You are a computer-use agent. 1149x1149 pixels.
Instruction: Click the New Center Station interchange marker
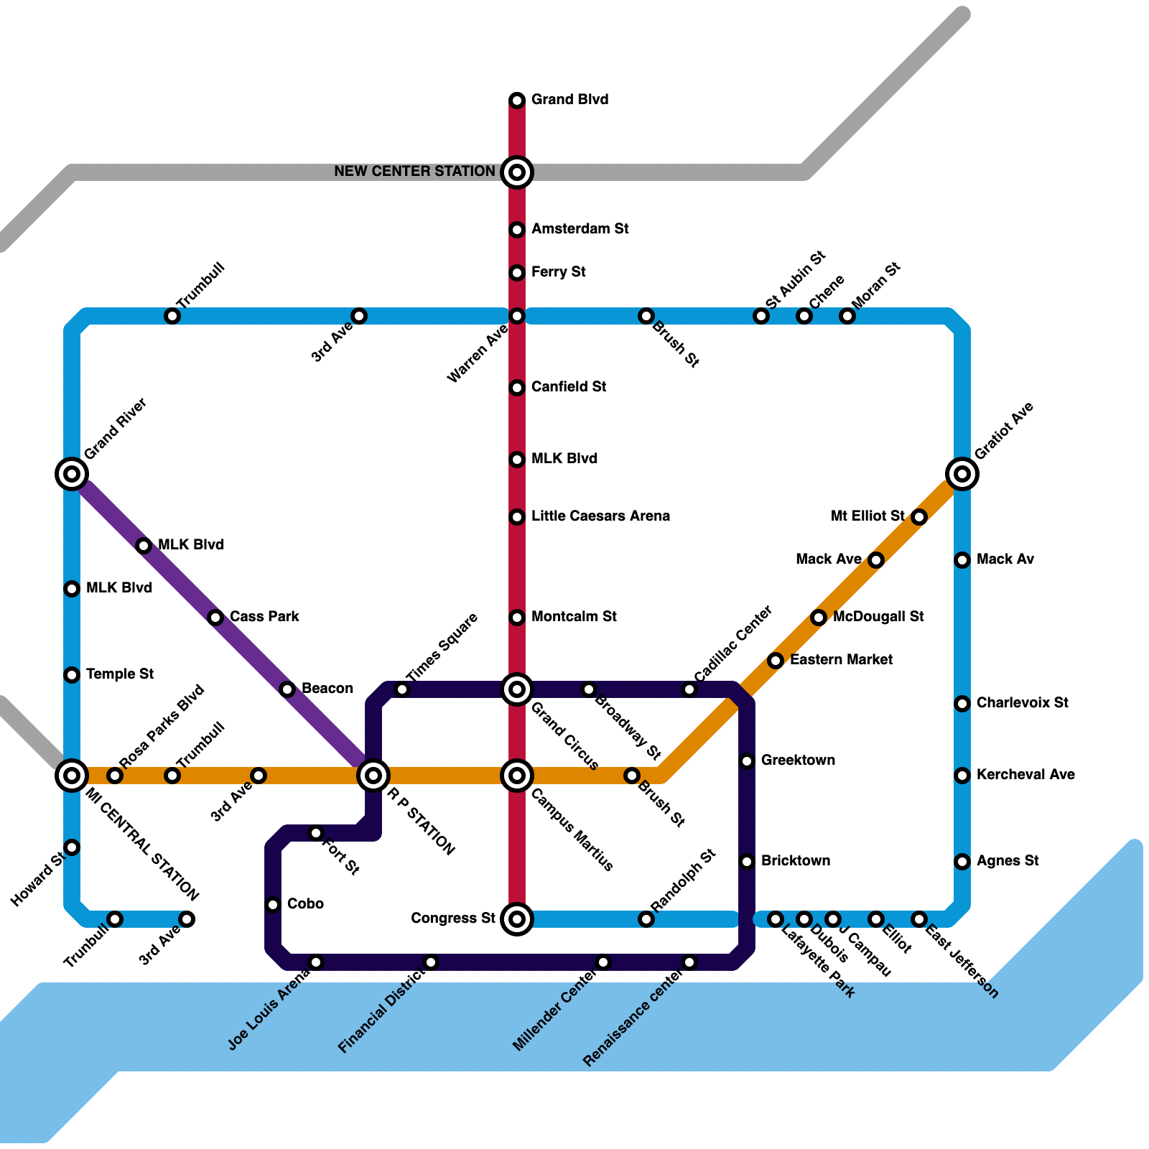pos(517,172)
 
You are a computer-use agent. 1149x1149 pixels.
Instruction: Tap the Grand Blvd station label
pos(569,100)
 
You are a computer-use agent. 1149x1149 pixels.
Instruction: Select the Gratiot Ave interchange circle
pos(962,474)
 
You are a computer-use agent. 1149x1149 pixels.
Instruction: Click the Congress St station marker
pos(517,918)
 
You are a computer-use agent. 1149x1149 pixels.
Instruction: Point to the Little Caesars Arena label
pos(600,516)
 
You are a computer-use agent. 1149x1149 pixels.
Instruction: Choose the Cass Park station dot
pos(215,617)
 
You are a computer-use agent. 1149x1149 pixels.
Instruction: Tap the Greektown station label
pos(798,760)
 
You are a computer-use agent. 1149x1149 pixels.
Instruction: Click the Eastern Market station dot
pos(775,661)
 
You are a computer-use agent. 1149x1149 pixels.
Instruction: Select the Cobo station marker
pos(273,905)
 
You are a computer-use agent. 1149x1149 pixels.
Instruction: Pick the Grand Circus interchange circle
pos(517,689)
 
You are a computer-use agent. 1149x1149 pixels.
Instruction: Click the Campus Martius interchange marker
pos(517,776)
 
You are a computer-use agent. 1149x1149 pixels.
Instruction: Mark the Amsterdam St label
pos(580,229)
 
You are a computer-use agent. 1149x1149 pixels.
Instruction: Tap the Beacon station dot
pos(287,689)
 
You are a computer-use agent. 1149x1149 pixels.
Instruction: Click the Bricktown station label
pos(796,861)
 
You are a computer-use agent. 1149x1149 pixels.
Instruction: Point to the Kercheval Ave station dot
pos(962,776)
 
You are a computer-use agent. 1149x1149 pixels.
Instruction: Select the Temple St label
pos(119,674)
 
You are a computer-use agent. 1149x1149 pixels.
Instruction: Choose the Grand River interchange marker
pos(72,474)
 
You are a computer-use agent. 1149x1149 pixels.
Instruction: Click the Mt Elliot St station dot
pos(919,517)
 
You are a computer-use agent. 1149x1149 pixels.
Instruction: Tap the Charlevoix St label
pos(1023,703)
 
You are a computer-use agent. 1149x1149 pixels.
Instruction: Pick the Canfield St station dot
pos(517,388)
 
